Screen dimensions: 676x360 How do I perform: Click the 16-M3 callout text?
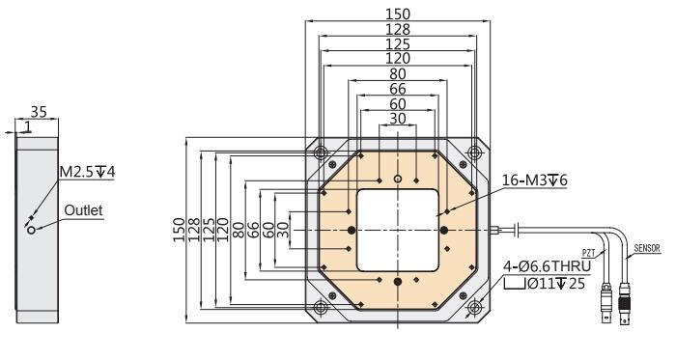(535, 180)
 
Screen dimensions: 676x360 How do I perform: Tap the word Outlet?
(83, 210)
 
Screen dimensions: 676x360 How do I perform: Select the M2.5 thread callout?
(87, 172)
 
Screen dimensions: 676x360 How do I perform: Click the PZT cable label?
(588, 253)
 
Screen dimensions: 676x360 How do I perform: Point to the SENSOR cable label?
(647, 248)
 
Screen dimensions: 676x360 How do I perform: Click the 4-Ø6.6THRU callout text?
(548, 266)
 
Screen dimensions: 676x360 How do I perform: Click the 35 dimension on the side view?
(39, 112)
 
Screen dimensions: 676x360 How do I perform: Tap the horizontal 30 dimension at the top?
(398, 119)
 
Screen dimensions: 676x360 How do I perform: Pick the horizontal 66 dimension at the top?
(398, 89)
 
